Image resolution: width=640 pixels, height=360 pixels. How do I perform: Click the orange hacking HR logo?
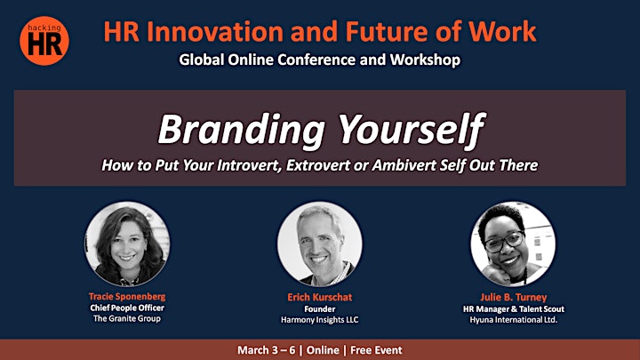44,41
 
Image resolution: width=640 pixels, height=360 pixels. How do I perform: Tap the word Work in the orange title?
502,31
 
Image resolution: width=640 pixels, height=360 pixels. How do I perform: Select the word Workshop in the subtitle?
425,60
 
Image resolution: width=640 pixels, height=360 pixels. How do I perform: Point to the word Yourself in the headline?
412,130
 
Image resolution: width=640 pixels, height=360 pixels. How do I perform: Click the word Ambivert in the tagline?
404,165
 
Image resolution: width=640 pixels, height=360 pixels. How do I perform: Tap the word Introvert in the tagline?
250,165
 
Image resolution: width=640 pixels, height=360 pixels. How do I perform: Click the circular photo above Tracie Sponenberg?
127,244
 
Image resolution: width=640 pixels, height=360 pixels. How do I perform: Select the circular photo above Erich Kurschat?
320,244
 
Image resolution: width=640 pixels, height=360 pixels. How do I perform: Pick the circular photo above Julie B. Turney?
513,244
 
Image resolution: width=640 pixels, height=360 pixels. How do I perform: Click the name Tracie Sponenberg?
127,297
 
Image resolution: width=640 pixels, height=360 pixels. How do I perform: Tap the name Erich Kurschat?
320,297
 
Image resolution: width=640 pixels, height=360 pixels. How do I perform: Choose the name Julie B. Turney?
514,298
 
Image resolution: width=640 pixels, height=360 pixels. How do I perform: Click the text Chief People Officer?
127,308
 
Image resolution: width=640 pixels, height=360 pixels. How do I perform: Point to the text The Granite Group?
127,319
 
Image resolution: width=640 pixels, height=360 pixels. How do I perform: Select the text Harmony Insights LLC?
320,320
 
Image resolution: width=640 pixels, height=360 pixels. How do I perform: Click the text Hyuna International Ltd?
514,320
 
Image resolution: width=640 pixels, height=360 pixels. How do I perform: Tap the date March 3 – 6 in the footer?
266,350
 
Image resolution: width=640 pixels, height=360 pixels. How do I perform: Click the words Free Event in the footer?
376,350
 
